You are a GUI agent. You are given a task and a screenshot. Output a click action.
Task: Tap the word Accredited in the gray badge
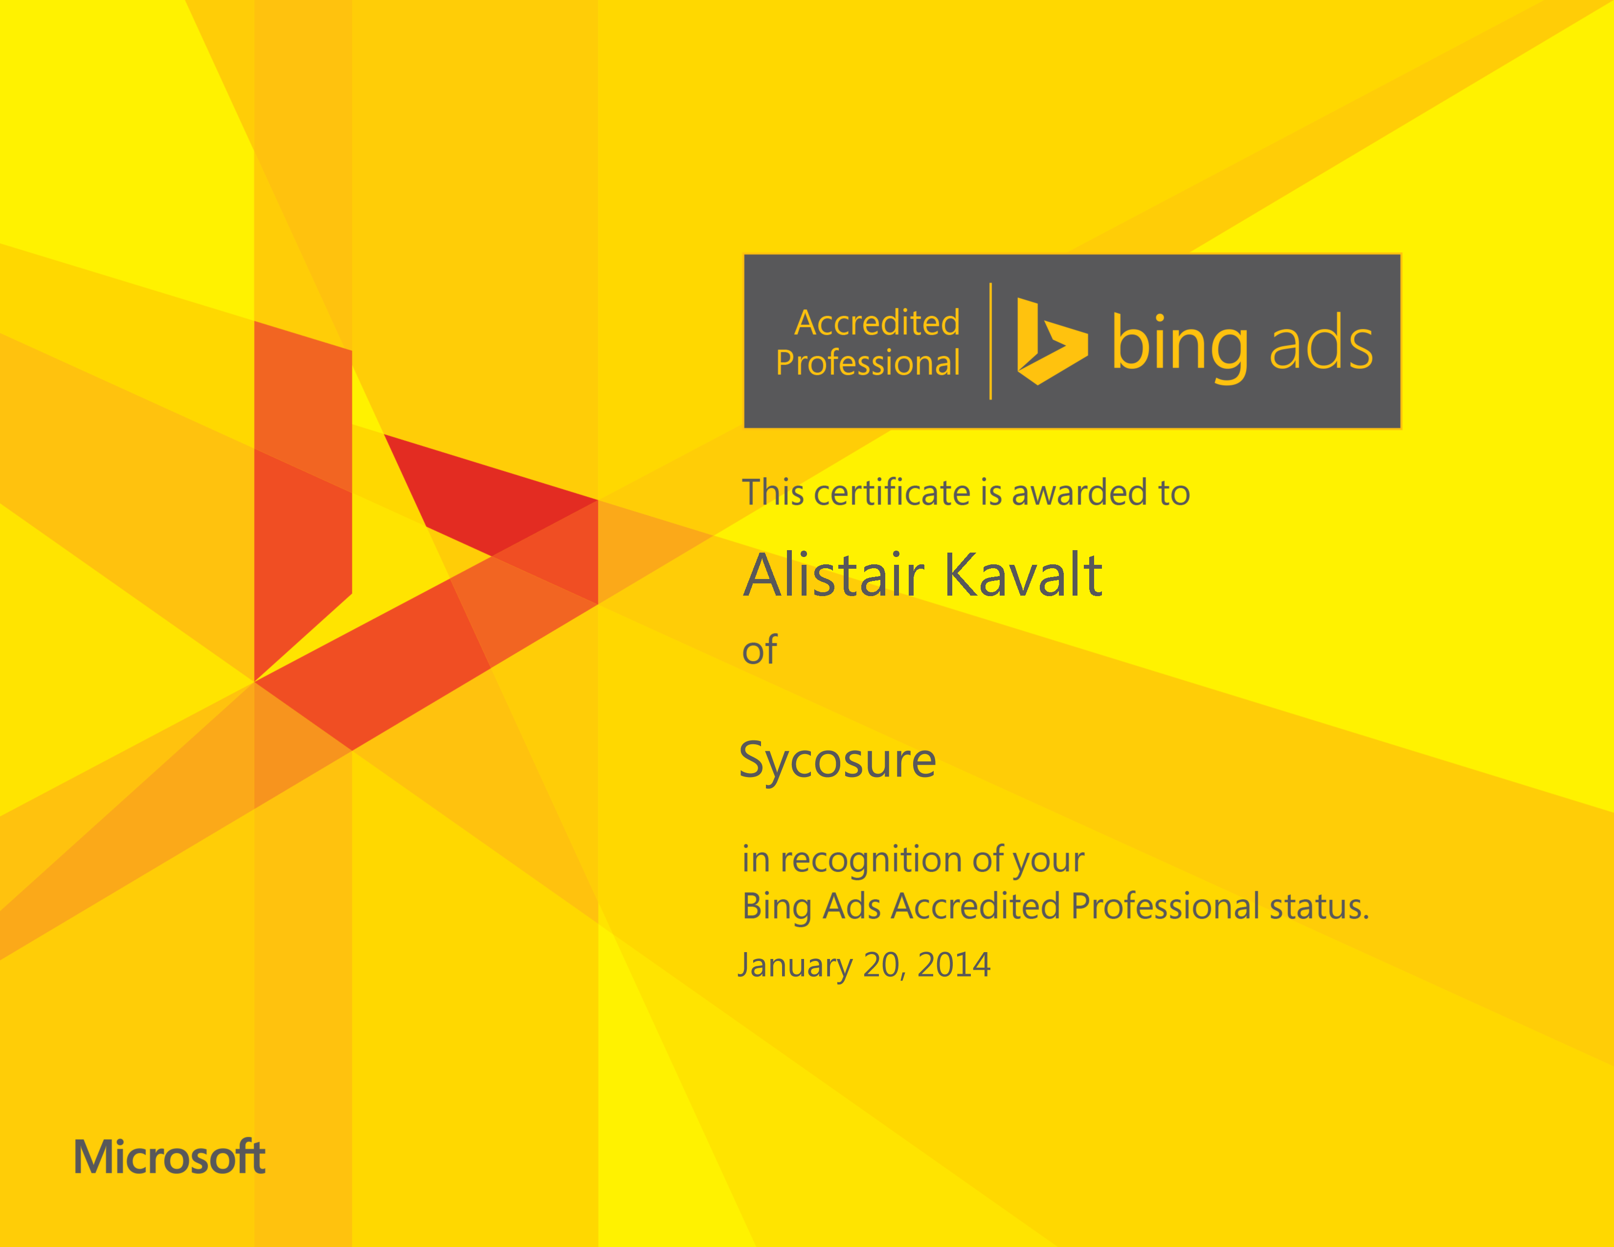pos(877,323)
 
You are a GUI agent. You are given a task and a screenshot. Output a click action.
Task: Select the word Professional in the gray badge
pos(868,363)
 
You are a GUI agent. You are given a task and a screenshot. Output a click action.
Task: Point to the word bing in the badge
pos(1180,344)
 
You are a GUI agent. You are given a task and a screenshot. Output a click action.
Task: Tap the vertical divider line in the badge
pos(990,341)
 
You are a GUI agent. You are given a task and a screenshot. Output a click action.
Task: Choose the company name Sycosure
pos(837,761)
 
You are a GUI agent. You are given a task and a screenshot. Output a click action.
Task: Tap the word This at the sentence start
pos(773,493)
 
